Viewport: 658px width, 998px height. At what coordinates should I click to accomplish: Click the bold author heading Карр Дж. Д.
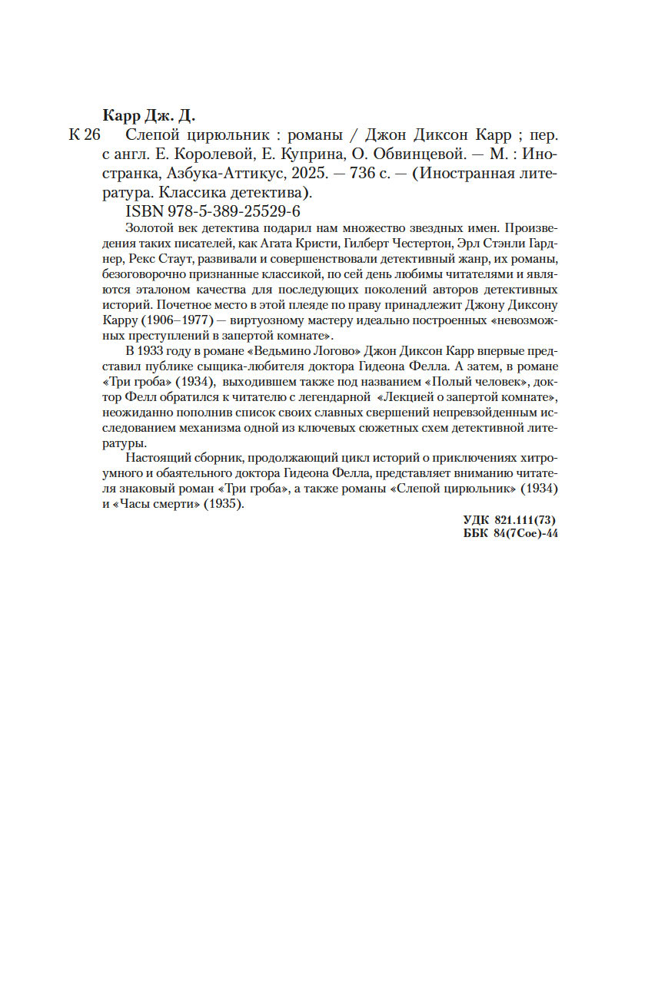[149, 116]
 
